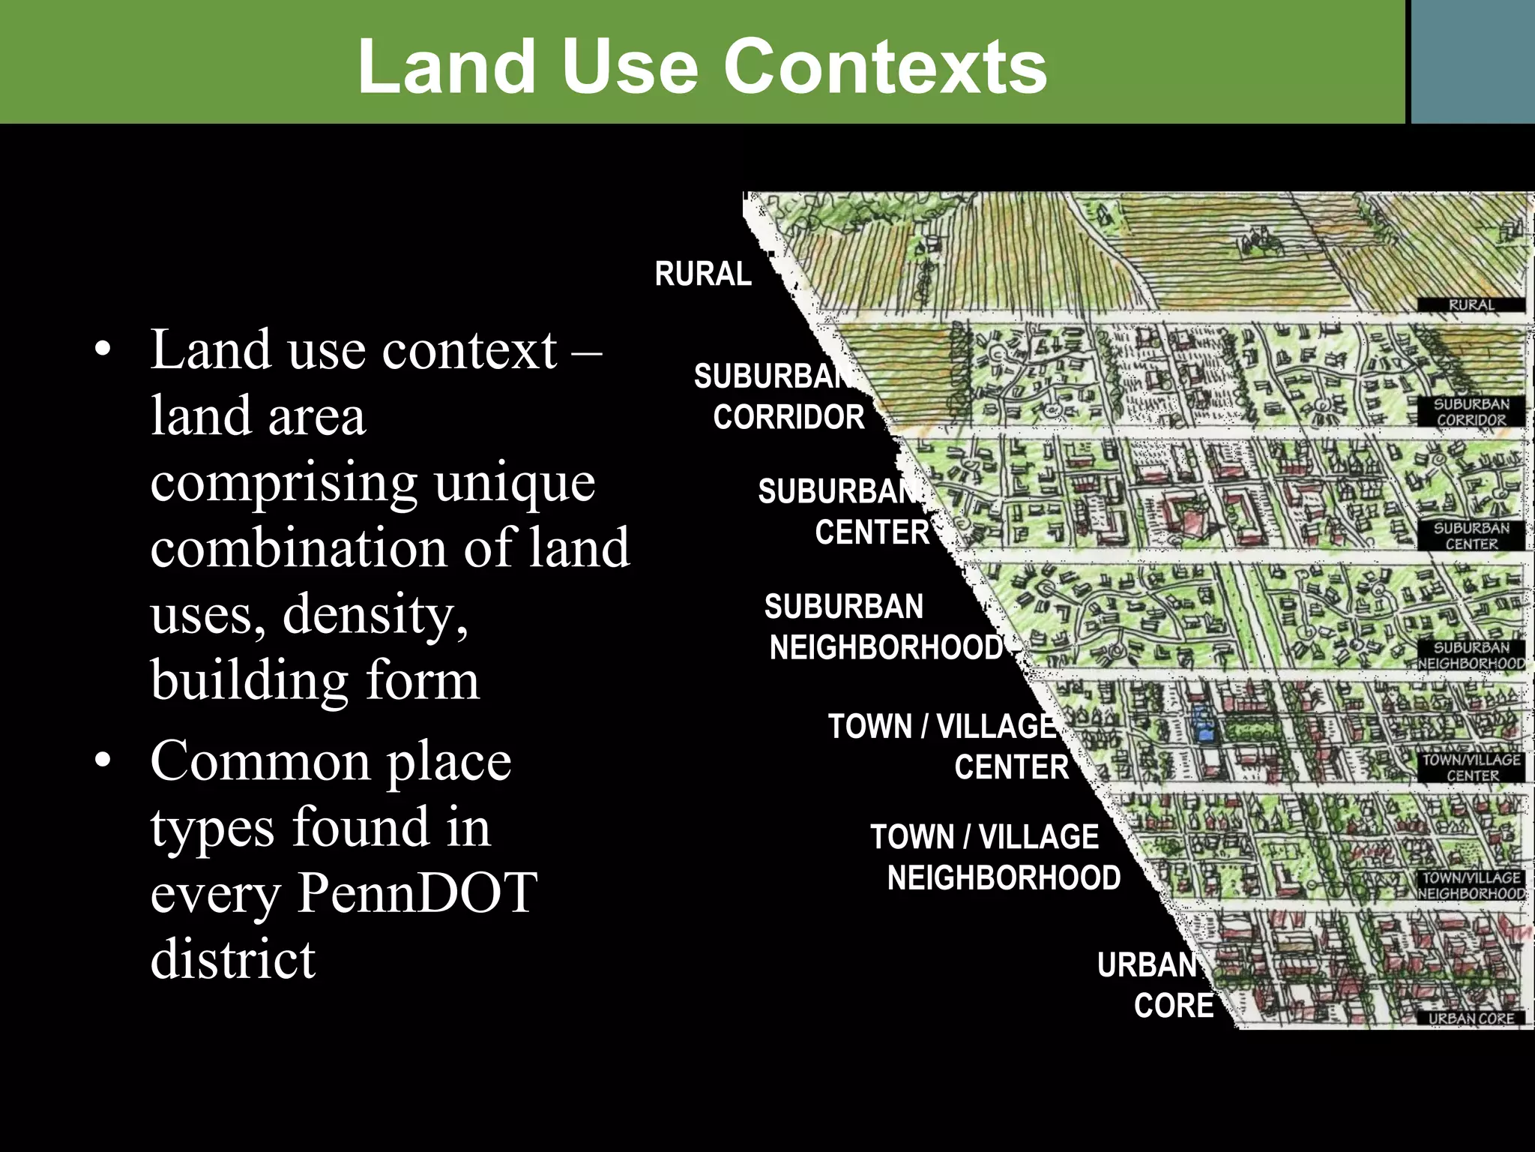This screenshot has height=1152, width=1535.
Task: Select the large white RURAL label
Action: tap(703, 274)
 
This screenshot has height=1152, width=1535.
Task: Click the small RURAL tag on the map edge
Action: tap(1471, 305)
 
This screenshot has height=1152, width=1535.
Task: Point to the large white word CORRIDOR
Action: tap(788, 417)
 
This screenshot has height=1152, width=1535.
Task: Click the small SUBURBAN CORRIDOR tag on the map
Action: tap(1471, 412)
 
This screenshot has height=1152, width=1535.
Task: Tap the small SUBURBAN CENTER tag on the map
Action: tap(1471, 535)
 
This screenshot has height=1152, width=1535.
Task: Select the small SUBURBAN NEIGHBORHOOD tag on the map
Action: tap(1471, 655)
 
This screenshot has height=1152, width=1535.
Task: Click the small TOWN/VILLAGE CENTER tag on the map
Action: tap(1471, 767)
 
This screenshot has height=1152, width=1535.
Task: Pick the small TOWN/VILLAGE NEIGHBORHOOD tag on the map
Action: tap(1471, 885)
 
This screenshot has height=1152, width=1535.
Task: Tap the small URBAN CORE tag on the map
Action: tap(1471, 1018)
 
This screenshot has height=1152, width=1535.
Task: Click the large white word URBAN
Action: tap(1147, 965)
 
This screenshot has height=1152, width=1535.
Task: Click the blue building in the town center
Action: tap(1202, 723)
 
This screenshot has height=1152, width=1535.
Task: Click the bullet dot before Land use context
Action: tap(103, 350)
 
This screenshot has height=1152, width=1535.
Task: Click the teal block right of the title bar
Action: tap(1473, 61)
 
